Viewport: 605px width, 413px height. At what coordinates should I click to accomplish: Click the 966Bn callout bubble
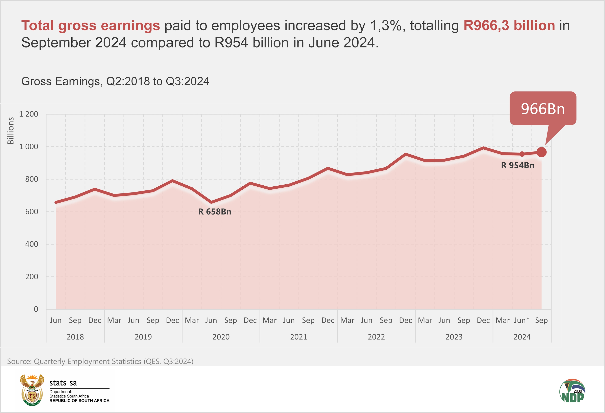pyautogui.click(x=543, y=109)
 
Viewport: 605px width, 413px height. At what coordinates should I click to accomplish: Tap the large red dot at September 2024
pyautogui.click(x=541, y=152)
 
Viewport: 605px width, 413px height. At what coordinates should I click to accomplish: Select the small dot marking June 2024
pyautogui.click(x=522, y=154)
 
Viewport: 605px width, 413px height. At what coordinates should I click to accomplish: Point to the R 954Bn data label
pyautogui.click(x=517, y=166)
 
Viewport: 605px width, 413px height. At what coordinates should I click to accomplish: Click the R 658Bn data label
pyautogui.click(x=215, y=212)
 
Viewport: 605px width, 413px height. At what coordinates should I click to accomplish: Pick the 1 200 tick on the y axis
pyautogui.click(x=29, y=114)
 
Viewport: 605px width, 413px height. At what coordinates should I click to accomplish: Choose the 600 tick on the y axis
pyautogui.click(x=31, y=212)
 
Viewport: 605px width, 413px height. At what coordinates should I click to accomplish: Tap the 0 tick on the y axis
pyautogui.click(x=36, y=309)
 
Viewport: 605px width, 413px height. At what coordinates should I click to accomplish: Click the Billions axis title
pyautogui.click(x=10, y=131)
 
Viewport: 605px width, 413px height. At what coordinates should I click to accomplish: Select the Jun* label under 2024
pyautogui.click(x=522, y=320)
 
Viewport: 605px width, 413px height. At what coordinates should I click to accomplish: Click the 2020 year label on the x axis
pyautogui.click(x=221, y=337)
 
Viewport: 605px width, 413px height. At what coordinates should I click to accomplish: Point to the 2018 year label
pyautogui.click(x=75, y=337)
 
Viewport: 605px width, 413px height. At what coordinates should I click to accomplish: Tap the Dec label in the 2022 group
pyautogui.click(x=405, y=320)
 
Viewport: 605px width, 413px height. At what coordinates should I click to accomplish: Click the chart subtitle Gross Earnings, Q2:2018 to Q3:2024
pyautogui.click(x=115, y=81)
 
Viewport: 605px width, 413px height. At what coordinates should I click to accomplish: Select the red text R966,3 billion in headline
pyautogui.click(x=509, y=26)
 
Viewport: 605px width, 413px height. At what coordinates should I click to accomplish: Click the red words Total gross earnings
pyautogui.click(x=91, y=26)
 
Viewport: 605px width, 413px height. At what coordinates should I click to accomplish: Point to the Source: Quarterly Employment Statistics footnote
pyautogui.click(x=100, y=361)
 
